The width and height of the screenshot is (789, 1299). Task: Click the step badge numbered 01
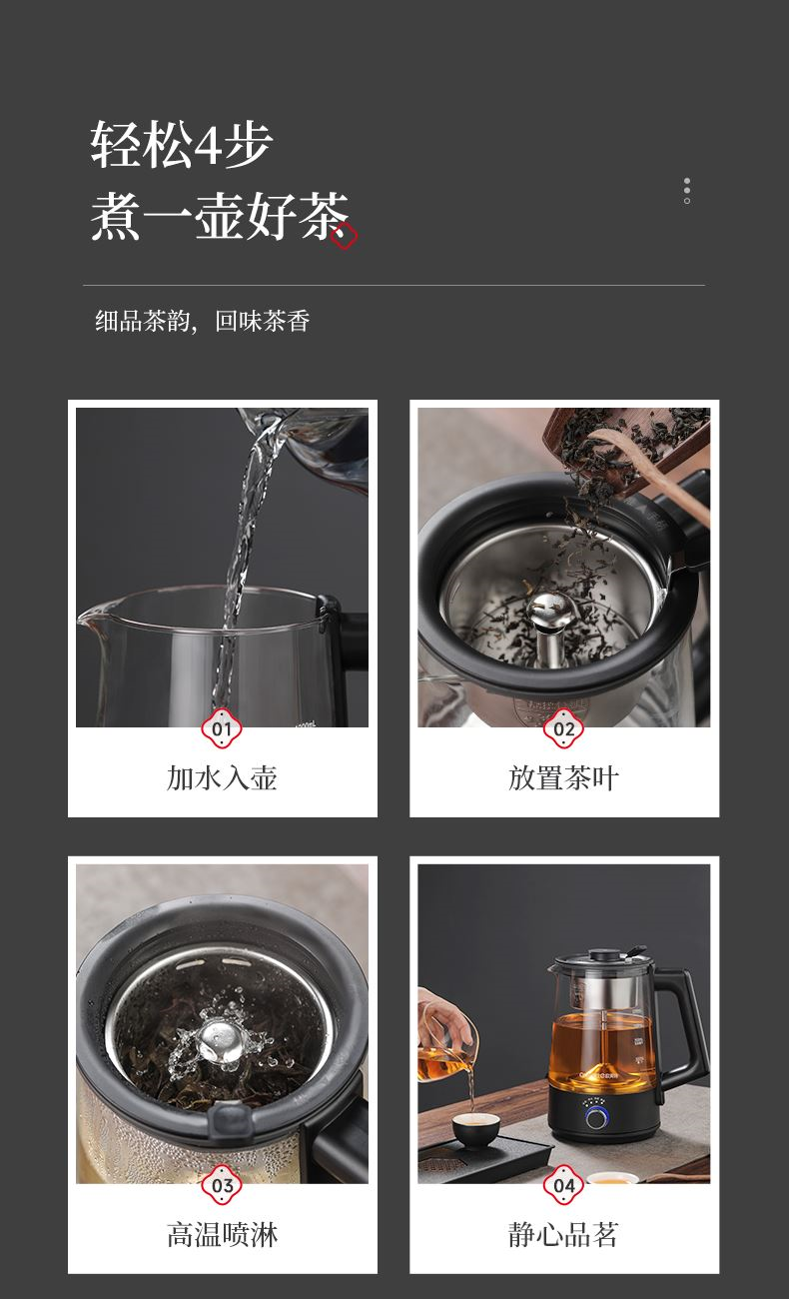(222, 728)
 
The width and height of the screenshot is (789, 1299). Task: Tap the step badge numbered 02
(563, 728)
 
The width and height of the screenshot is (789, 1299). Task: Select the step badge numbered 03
(222, 1185)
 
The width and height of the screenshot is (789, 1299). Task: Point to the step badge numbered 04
(563, 1185)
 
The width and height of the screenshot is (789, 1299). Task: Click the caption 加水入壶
(222, 778)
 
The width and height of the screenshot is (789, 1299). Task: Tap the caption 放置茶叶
(563, 778)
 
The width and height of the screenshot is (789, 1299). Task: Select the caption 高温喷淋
(222, 1235)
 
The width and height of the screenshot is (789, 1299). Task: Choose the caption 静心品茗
(563, 1235)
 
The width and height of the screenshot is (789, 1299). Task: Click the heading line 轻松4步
(182, 144)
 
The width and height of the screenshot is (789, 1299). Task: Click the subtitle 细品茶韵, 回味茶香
(203, 322)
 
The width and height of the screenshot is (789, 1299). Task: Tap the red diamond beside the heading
(344, 236)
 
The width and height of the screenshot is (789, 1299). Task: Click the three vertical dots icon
(687, 191)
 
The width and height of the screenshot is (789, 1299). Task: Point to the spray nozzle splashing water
(219, 1040)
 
